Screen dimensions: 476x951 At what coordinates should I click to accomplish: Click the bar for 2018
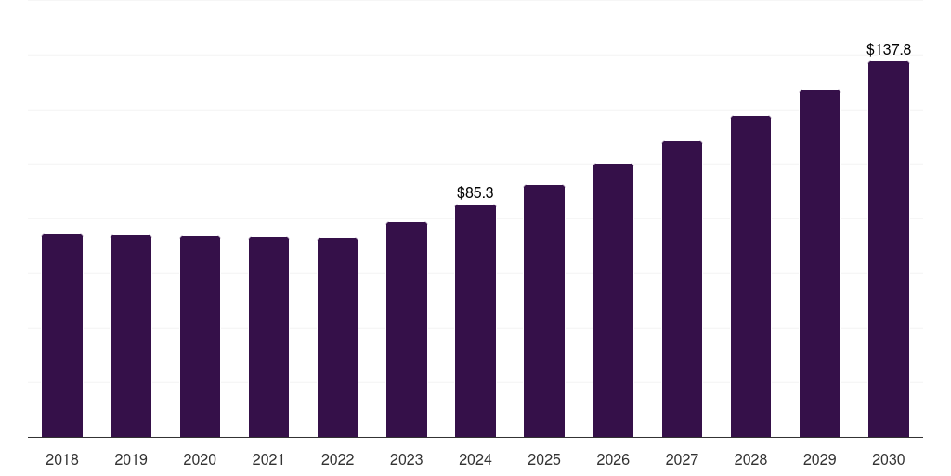62,336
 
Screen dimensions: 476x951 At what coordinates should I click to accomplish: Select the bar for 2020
200,337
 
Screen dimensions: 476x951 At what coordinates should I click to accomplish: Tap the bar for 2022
337,337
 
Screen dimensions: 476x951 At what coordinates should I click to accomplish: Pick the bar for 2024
475,321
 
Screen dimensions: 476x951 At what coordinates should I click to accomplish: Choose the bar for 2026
613,300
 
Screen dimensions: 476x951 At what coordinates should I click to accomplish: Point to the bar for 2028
750,276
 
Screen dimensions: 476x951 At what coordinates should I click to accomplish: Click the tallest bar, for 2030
888,249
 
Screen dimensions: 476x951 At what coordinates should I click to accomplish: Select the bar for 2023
407,330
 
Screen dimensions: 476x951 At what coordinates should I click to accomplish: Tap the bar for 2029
819,263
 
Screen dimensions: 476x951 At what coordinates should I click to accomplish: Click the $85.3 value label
475,193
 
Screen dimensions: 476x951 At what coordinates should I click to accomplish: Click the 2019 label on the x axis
131,459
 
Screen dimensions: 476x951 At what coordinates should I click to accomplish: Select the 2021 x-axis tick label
268,459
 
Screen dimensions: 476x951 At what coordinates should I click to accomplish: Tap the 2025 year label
544,459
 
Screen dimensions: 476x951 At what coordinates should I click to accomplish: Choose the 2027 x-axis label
682,459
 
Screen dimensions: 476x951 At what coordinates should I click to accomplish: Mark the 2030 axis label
888,459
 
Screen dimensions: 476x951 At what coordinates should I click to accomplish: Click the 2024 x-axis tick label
475,459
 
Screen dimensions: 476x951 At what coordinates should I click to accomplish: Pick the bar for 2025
544,311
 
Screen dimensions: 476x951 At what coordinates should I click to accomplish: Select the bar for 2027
682,289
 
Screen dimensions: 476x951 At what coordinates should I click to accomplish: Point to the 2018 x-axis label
62,459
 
